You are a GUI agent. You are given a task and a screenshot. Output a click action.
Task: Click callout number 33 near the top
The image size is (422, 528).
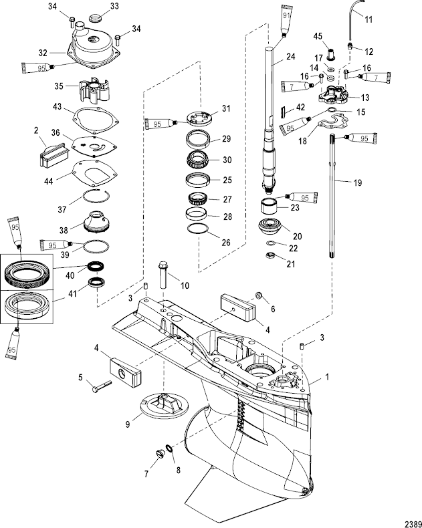coord(114,6)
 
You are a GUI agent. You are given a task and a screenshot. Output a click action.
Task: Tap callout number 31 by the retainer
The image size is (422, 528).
coord(225,109)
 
